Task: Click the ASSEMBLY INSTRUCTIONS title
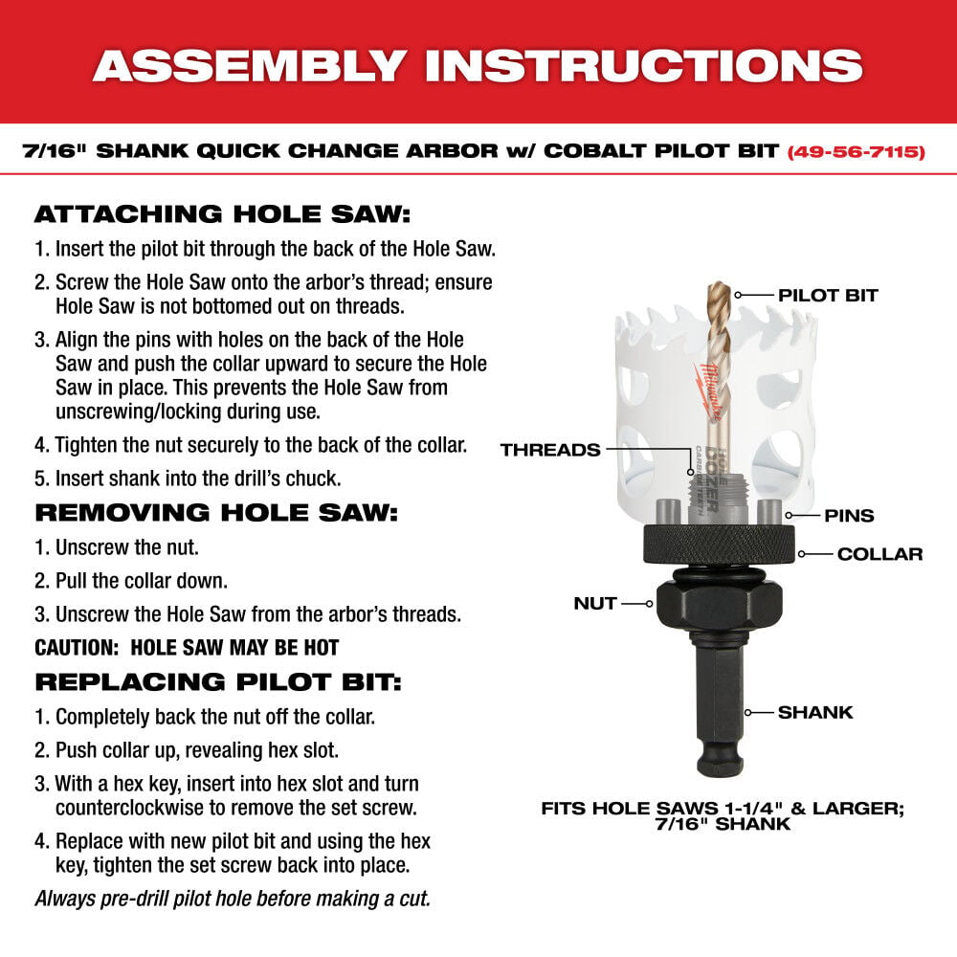[x=478, y=64]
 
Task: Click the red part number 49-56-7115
[x=856, y=151]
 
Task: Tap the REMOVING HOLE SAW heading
[x=215, y=512]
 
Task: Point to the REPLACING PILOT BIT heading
[x=218, y=681]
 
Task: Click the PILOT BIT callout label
[x=828, y=296]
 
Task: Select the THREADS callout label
[x=549, y=450]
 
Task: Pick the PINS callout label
[x=849, y=516]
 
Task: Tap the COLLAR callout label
[x=879, y=554]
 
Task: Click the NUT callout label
[x=594, y=604]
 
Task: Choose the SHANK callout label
[x=814, y=712]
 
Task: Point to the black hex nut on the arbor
[x=717, y=605]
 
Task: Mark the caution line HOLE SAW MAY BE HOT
[x=187, y=648]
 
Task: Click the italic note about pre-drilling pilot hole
[x=232, y=899]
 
